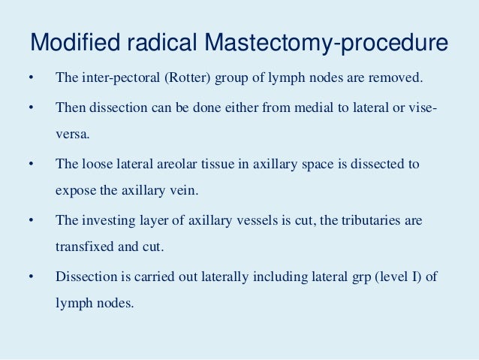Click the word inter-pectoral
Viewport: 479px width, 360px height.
click(112, 78)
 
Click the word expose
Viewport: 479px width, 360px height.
click(75, 191)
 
